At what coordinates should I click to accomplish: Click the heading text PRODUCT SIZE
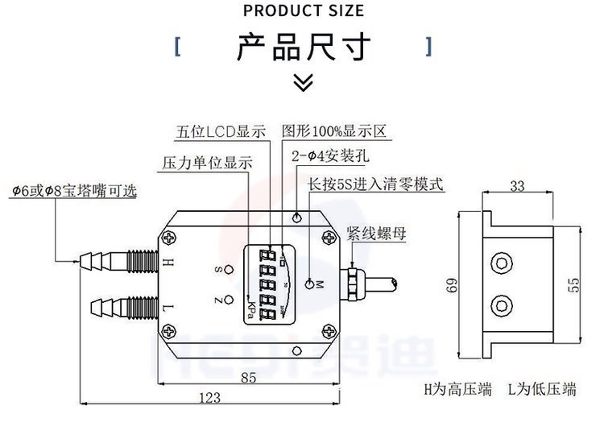coord(303,10)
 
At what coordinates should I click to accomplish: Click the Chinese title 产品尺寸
coord(303,47)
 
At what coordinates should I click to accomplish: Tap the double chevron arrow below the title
coord(302,81)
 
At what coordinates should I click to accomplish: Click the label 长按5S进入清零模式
coord(376,184)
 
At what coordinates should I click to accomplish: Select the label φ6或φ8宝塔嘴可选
coord(74,191)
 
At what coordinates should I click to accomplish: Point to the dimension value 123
coord(209,397)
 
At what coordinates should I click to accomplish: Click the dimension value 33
coord(517,186)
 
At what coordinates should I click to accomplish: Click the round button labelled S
coord(230,269)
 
